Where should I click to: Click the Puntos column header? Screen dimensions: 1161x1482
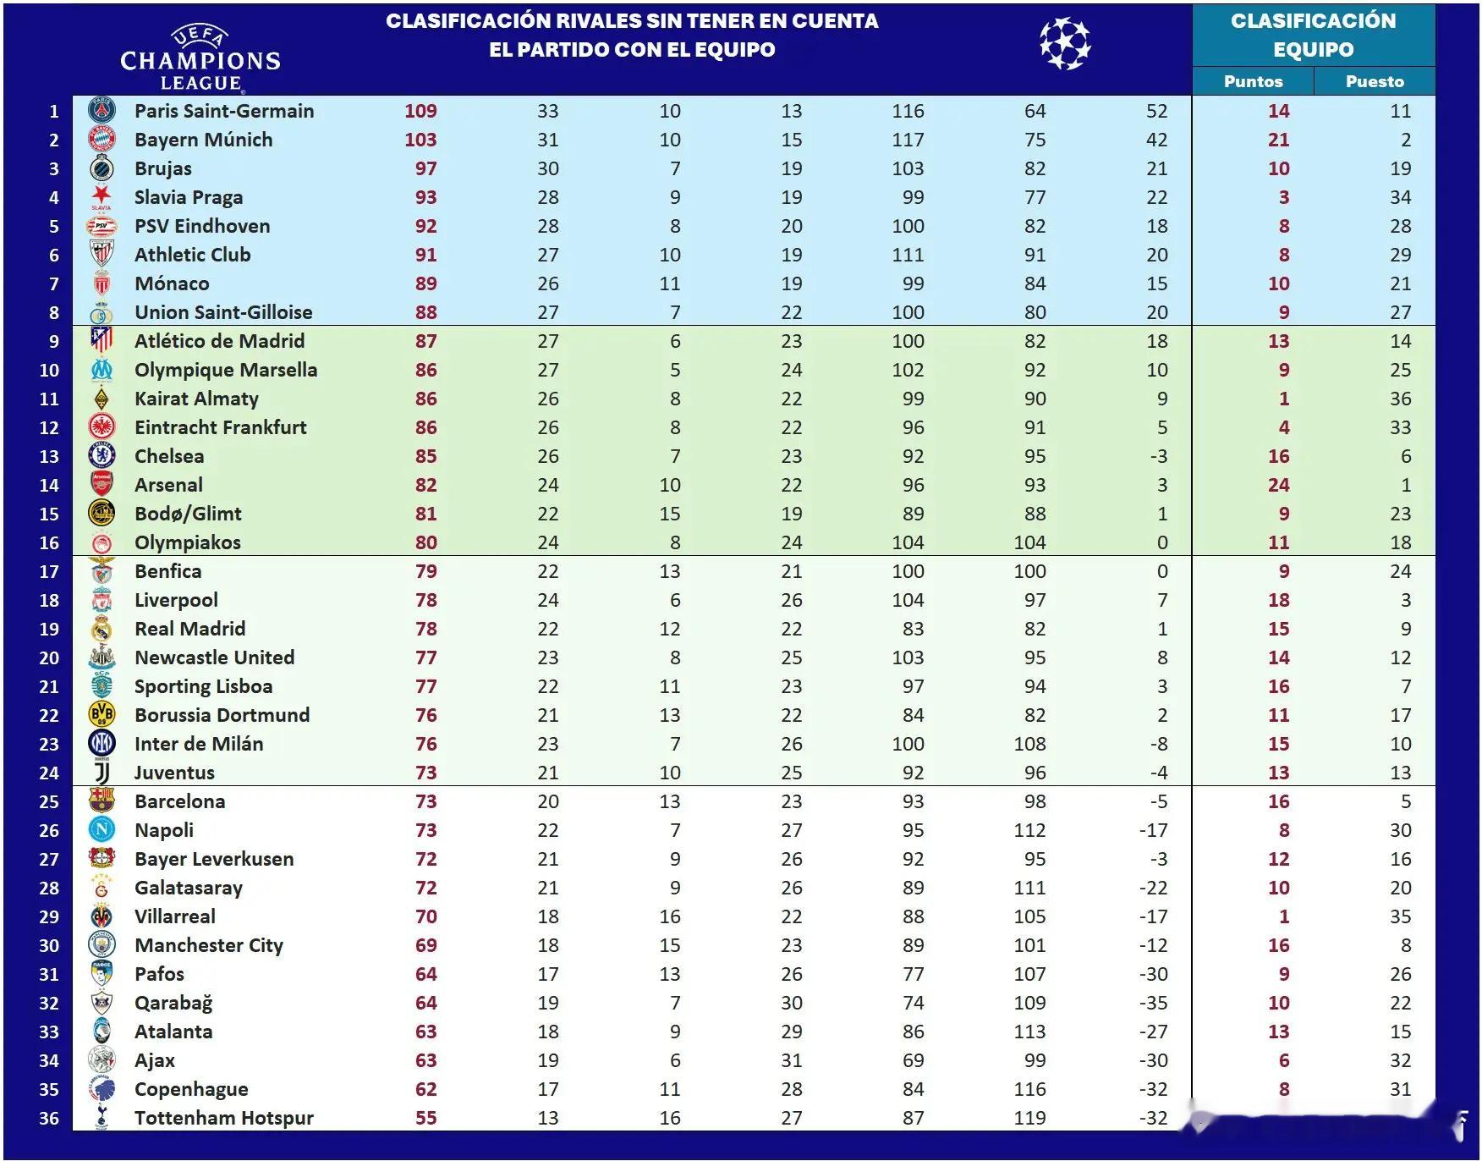(1253, 81)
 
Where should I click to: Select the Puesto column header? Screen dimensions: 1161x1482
(1375, 81)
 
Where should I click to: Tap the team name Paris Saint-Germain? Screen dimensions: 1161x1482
(224, 111)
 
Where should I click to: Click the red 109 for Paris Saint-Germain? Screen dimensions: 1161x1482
(420, 111)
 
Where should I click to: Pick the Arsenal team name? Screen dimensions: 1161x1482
(168, 485)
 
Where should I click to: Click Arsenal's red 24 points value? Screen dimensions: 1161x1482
(1278, 485)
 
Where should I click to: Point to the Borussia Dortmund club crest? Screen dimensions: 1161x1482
(102, 715)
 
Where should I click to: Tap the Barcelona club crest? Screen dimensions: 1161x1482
(102, 801)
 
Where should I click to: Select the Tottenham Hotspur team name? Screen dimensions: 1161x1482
(224, 1118)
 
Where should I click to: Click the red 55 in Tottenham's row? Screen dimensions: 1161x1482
(425, 1118)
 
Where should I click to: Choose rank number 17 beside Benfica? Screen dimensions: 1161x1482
(49, 571)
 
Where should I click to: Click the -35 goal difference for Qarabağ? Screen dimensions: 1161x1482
(1153, 1003)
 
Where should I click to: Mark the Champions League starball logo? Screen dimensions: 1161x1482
(1065, 44)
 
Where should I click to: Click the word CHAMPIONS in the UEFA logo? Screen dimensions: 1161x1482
(200, 61)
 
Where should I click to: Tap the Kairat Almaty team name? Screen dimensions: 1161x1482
(196, 399)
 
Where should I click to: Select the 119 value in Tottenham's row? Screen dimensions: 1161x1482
(1029, 1118)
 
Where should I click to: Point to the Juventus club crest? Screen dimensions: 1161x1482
(102, 773)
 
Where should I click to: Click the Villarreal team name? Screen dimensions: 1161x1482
(175, 916)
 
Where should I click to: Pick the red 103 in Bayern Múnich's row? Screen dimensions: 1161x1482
(420, 140)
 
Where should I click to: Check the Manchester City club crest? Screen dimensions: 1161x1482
(102, 945)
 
